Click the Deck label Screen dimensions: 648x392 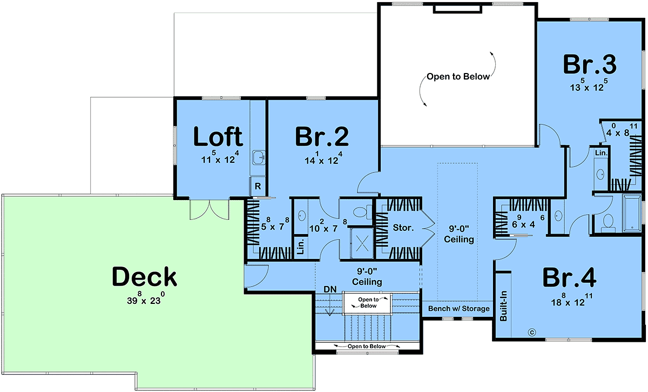pos(144,277)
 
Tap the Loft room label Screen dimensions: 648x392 pos(218,136)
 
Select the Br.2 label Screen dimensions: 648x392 pos(322,136)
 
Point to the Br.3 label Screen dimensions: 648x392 pos(590,64)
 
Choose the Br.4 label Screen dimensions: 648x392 pos(569,277)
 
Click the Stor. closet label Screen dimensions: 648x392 pos(403,228)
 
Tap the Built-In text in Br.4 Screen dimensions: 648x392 pos(504,305)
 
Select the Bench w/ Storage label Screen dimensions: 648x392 pos(459,309)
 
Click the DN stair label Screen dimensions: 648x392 pos(330,289)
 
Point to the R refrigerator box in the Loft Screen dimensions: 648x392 pos(258,186)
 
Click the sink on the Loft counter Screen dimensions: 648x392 pos(258,157)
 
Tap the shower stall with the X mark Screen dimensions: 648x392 pos(362,243)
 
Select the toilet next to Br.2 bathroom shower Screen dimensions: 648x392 pos(362,212)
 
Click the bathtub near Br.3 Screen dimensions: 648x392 pos(632,214)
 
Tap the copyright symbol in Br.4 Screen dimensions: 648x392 pos(532,333)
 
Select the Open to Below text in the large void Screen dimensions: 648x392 pos(458,76)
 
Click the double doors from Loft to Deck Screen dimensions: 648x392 pos(210,209)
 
